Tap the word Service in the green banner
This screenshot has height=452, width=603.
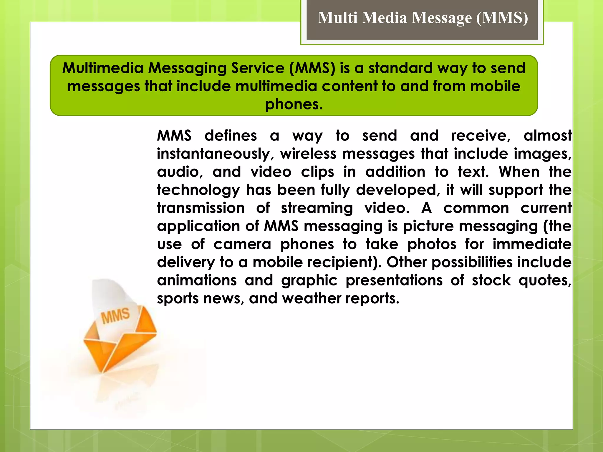tap(258, 68)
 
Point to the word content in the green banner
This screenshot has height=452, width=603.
tap(349, 86)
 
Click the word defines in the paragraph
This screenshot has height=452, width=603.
tap(231, 136)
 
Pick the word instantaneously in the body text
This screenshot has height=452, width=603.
tap(213, 154)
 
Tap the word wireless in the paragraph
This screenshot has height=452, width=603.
tap(308, 154)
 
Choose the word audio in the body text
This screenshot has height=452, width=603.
tap(180, 172)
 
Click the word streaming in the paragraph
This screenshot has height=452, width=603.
tap(317, 208)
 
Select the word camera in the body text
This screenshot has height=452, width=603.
tap(242, 244)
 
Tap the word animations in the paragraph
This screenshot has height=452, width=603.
tap(197, 280)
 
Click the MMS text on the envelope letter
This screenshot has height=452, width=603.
tap(115, 315)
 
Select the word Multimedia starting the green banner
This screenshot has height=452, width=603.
tap(103, 68)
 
